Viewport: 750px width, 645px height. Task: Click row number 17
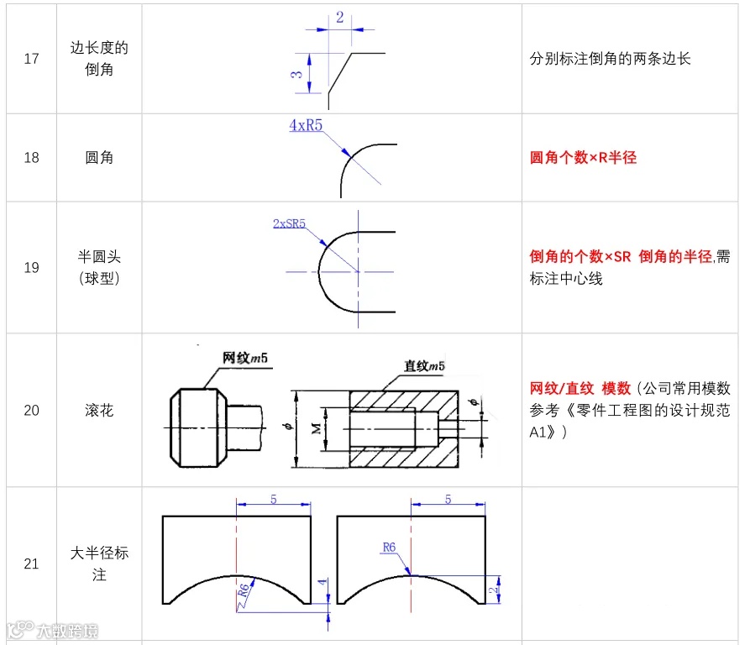point(31,60)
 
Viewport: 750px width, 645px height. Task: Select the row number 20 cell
point(31,411)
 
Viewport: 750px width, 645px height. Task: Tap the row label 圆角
point(99,157)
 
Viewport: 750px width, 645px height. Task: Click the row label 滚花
point(99,411)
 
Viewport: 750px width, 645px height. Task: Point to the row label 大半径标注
point(99,564)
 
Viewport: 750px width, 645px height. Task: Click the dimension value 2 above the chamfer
point(339,17)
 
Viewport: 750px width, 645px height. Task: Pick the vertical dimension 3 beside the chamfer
point(296,75)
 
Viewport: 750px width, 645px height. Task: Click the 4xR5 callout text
point(306,125)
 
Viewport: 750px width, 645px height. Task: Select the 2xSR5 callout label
point(289,224)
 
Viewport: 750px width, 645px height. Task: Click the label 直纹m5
point(424,366)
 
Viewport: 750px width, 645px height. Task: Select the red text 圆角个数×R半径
point(583,157)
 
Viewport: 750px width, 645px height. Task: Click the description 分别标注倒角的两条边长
point(611,60)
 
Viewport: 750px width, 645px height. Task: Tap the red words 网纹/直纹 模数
point(580,388)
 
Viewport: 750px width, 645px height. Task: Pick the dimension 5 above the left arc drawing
point(273,499)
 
